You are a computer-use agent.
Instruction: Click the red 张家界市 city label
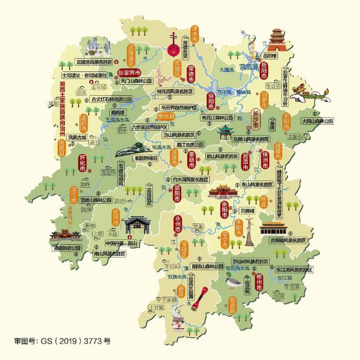click(x=129, y=72)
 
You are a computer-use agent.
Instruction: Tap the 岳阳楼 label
click(x=269, y=56)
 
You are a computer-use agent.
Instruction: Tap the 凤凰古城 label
click(x=78, y=137)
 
